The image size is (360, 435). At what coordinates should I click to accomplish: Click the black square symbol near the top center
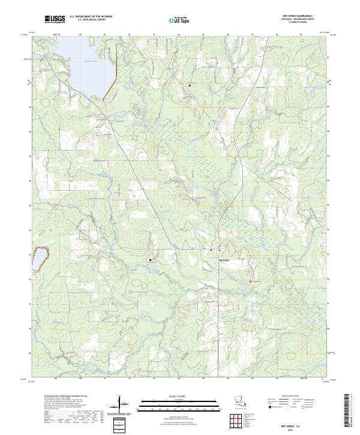tap(190, 85)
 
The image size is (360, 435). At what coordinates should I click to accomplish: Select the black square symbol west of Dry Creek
tap(150, 260)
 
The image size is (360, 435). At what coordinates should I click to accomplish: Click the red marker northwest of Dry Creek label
tap(211, 250)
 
